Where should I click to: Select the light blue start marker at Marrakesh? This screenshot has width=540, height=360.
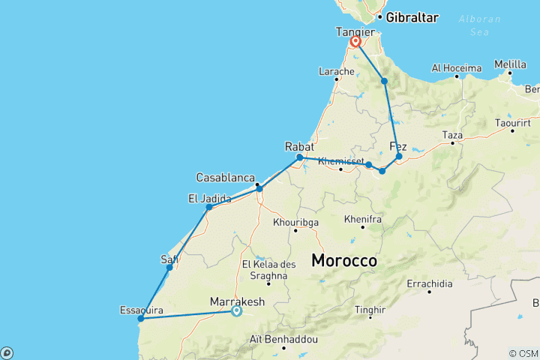point(236,311)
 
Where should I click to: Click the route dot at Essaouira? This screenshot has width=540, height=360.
point(139,319)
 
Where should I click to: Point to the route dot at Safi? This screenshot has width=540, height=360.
point(169,267)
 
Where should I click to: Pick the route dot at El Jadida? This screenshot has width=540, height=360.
point(209,206)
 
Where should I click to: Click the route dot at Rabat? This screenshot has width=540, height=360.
point(299,157)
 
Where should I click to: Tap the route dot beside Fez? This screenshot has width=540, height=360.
point(399,157)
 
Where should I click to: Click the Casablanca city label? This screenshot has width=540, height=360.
point(226,178)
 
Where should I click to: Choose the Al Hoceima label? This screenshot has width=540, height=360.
point(456,68)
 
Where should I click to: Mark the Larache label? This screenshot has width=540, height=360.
point(336,72)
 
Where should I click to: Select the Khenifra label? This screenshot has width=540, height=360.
point(363,219)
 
